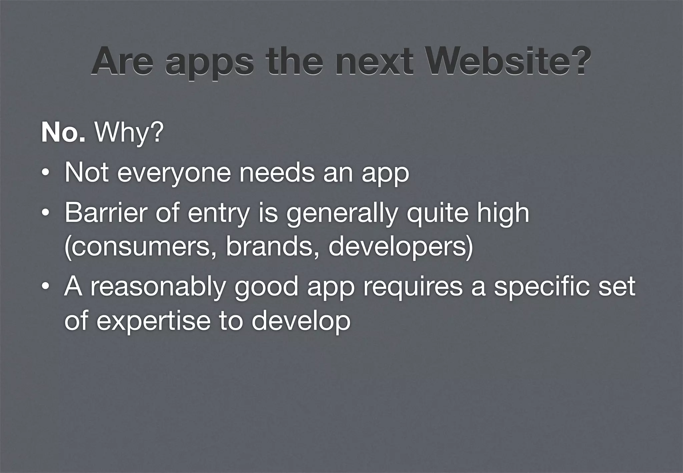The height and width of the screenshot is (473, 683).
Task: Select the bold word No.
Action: coord(63,132)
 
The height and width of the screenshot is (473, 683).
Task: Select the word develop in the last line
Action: coord(300,322)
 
